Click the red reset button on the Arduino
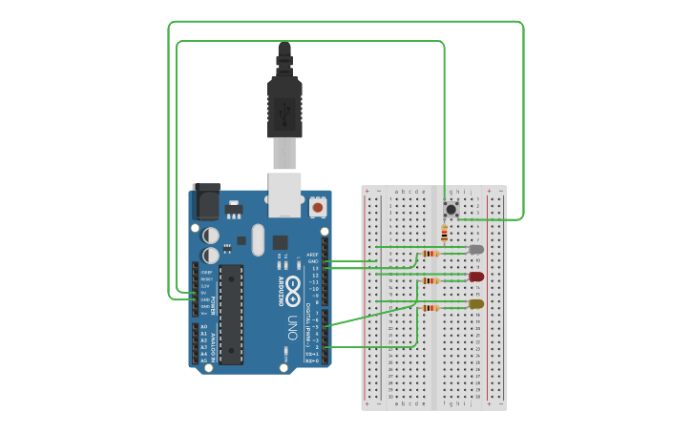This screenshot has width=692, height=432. coord(317,206)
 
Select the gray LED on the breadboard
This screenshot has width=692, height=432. coord(476,250)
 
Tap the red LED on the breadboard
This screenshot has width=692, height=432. coord(476,277)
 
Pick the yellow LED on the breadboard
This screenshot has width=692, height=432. coord(475,304)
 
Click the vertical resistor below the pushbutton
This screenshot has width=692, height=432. coord(444,233)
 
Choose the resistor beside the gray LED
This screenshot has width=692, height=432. coord(431,254)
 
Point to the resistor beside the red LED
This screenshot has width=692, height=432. coord(431,281)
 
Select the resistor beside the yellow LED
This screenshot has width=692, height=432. coord(431,308)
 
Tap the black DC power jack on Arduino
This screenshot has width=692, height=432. coord(206,202)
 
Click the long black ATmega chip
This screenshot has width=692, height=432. coord(231,315)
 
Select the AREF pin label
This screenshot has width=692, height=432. coord(311,255)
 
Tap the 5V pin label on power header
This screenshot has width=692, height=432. coord(204,293)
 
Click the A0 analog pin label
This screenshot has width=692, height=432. coord(203,327)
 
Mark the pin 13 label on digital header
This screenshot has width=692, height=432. coord(313,268)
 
